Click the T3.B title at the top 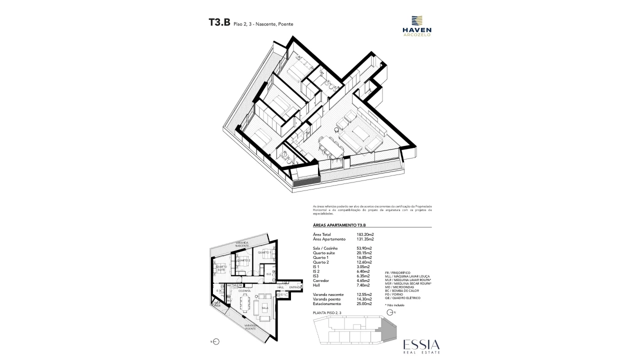(219, 22)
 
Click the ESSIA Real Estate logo (421, 346)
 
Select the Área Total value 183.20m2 (365, 234)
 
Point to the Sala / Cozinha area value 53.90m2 (364, 248)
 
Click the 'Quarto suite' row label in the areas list (324, 253)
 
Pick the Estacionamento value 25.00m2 (364, 303)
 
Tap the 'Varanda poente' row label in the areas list (327, 299)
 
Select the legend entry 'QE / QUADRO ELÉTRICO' (402, 298)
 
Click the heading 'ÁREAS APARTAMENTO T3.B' (340, 225)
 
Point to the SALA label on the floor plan (264, 308)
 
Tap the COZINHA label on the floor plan (244, 290)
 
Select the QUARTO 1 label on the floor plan (264, 253)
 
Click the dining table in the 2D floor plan (244, 302)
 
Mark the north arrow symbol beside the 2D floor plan (216, 341)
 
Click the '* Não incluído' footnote (394, 305)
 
